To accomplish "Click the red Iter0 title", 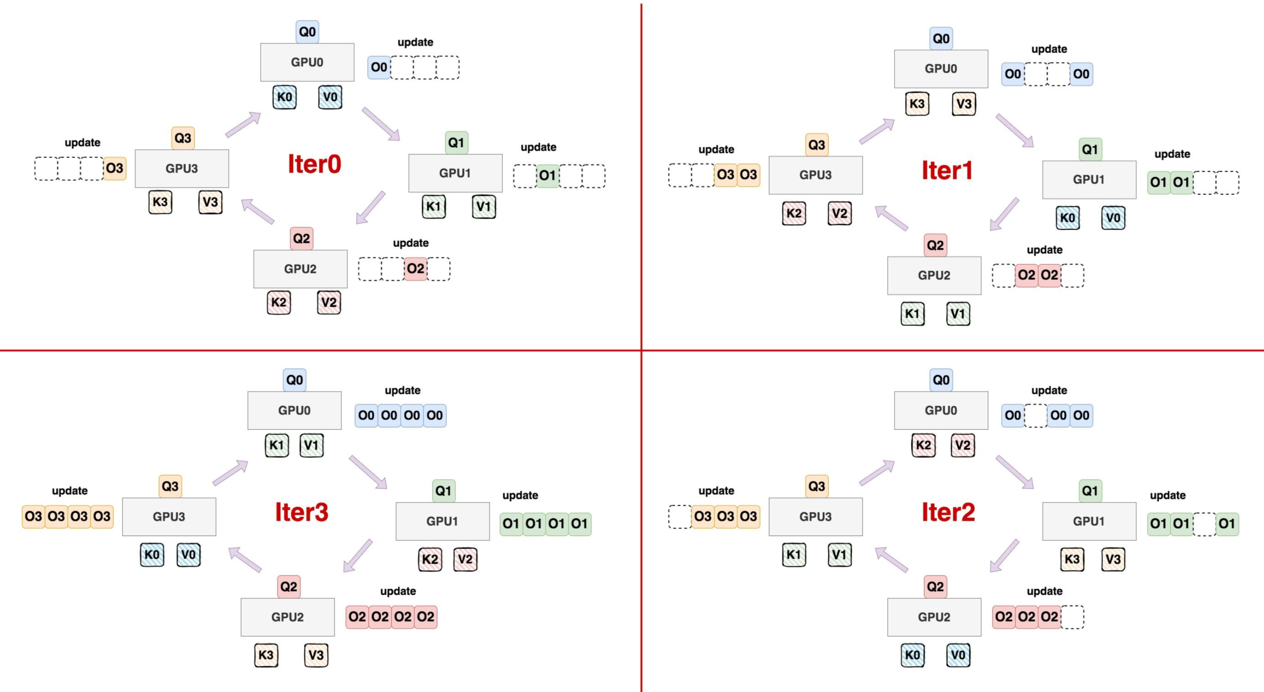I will point(314,164).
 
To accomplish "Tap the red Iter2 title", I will point(948,512).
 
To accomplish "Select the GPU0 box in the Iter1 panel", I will point(941,69).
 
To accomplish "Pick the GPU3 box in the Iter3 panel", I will point(169,516).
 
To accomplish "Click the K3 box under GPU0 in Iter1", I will point(916,104).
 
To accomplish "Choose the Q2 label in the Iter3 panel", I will point(289,587).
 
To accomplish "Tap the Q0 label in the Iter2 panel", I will point(941,380).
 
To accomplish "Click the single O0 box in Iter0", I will point(379,67).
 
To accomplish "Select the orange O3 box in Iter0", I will point(114,168).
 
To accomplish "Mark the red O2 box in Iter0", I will point(415,268).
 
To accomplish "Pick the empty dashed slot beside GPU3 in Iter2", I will point(679,516).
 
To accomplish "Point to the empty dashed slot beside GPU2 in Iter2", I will point(1072,617).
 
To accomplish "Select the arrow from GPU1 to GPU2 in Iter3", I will point(358,556).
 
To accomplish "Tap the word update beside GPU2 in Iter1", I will point(1044,250).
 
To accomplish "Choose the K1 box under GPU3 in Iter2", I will point(793,555).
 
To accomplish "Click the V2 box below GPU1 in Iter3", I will point(465,559).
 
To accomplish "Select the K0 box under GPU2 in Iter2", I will point(912,655).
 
